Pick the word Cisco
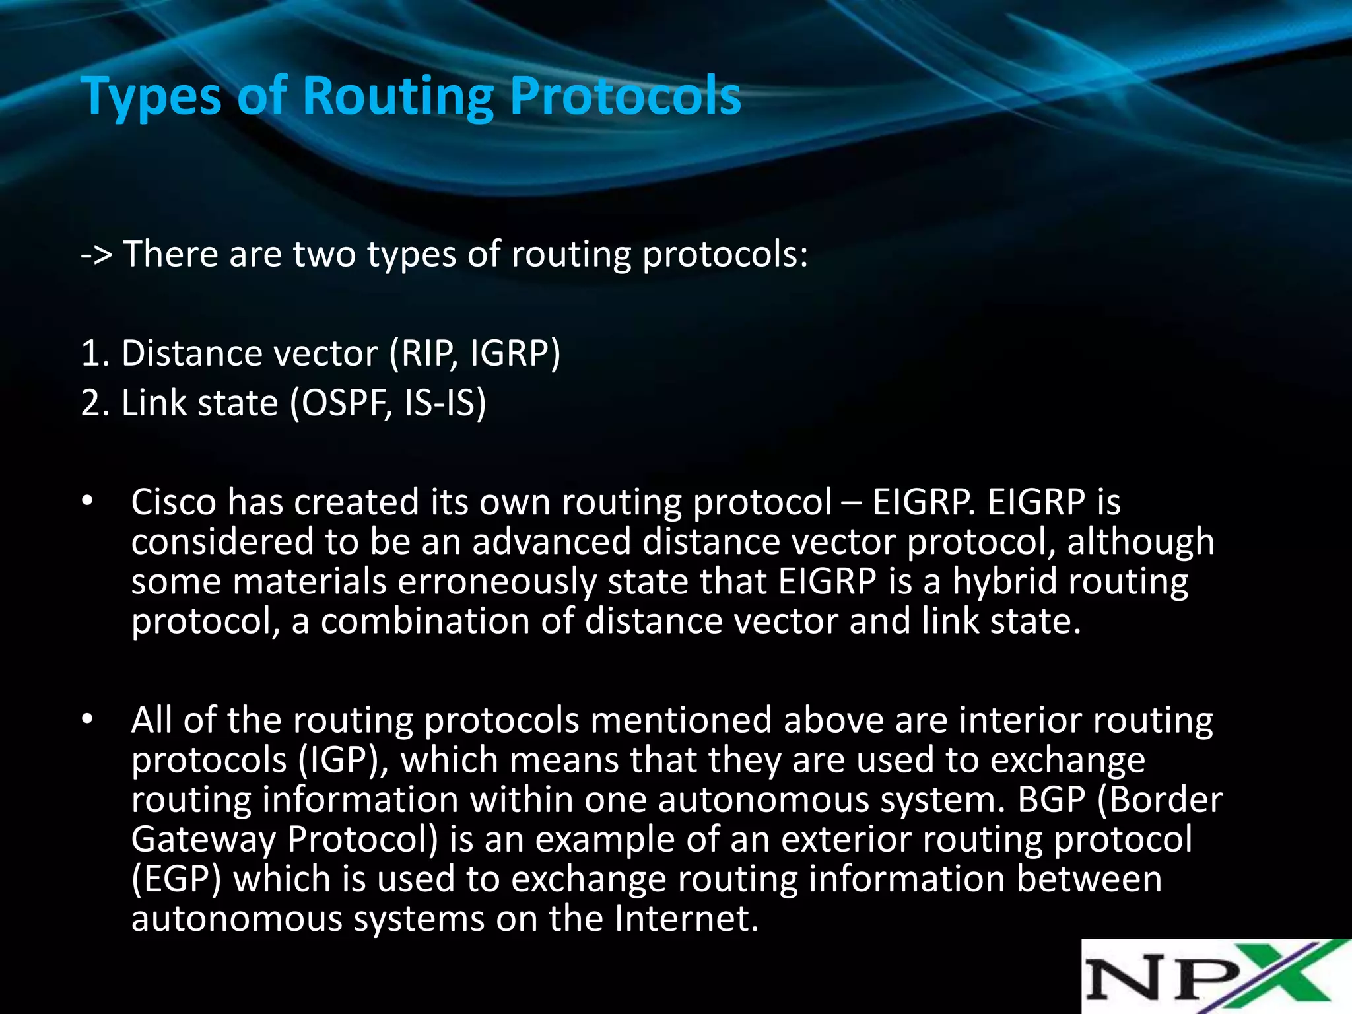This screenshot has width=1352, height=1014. click(x=174, y=502)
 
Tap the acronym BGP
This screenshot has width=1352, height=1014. click(x=1052, y=799)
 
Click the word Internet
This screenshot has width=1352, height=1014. click(x=686, y=919)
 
